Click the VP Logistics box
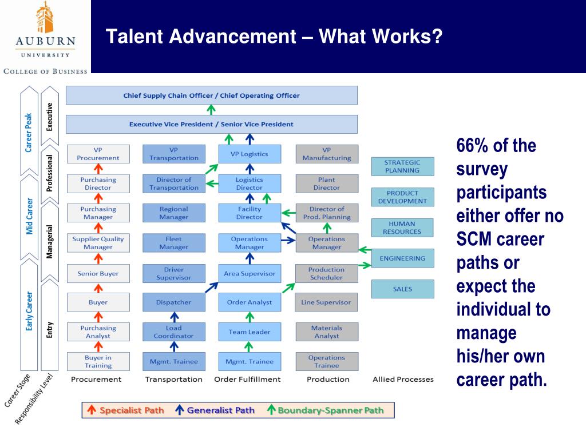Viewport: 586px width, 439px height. click(x=250, y=154)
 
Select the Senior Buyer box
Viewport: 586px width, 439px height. click(x=98, y=274)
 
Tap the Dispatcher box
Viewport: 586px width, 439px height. click(x=174, y=302)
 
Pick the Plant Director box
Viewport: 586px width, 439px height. click(x=327, y=183)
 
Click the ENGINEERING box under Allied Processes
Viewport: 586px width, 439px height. click(x=403, y=258)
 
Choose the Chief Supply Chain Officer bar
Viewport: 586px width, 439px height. click(x=212, y=95)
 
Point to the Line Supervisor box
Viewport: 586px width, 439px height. click(x=327, y=302)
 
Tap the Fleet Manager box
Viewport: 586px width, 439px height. click(x=174, y=242)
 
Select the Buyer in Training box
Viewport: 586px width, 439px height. click(x=98, y=361)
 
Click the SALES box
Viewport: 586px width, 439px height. click(x=403, y=289)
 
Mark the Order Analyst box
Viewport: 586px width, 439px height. click(x=250, y=302)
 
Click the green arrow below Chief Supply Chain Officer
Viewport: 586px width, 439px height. click(x=211, y=110)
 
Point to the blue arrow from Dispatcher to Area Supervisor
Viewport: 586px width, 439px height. click(x=212, y=287)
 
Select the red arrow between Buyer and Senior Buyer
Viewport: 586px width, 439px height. click(x=98, y=288)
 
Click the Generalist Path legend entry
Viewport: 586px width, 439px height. click(x=215, y=410)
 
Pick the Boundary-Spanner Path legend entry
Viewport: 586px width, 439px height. click(x=326, y=410)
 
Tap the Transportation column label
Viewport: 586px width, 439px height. click(x=174, y=380)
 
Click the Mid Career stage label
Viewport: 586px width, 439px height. click(x=29, y=217)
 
